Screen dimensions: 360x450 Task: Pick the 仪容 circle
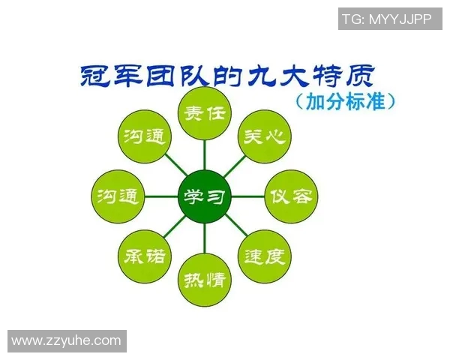pos(290,197)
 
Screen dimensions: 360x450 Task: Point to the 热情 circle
pos(204,280)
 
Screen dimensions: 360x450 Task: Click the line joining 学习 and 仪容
pos(247,197)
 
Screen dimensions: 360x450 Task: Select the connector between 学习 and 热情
pos(204,239)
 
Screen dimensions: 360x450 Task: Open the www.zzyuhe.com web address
pos(66,340)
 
